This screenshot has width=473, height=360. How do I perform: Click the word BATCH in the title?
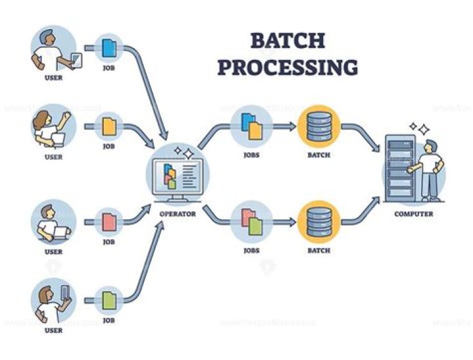pos(287,41)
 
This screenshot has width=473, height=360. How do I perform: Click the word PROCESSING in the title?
pos(287,67)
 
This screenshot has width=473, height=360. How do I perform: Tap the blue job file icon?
pos(108,47)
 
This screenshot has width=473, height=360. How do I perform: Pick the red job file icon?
pos(108,221)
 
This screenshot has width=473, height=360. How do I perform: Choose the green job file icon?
pos(108,300)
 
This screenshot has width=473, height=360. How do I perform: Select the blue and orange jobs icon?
pos(250,126)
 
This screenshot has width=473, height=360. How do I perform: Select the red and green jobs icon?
pos(250,221)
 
